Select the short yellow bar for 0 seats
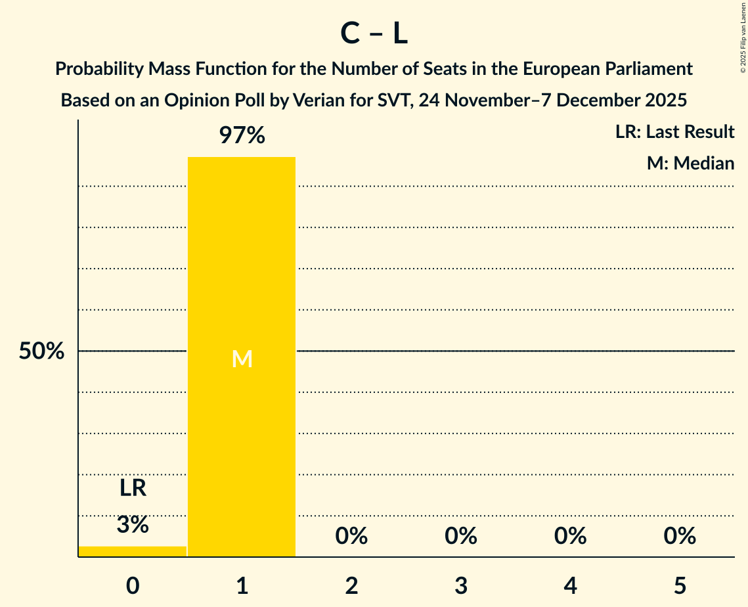click(133, 551)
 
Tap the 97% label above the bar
click(242, 136)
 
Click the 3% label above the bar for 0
click(133, 524)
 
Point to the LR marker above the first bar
click(133, 488)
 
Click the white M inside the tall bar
click(242, 359)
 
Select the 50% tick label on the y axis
click(41, 351)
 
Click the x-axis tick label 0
click(133, 585)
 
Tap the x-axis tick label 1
click(242, 585)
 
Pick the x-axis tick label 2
click(351, 585)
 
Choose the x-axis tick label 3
click(460, 585)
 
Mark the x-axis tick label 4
click(570, 585)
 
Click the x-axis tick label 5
click(680, 585)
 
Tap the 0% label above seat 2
click(351, 536)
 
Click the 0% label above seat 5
click(680, 536)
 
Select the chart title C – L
click(374, 34)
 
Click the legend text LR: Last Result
click(674, 132)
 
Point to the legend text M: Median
click(690, 163)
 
